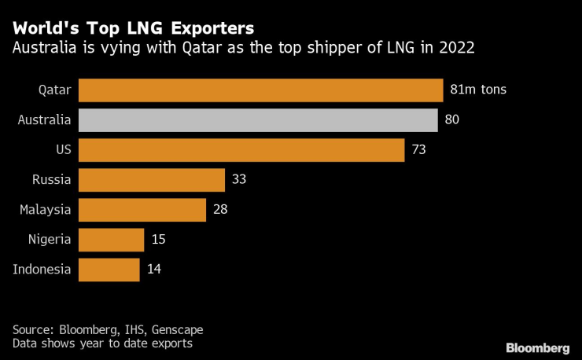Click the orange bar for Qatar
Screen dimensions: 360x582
[x=260, y=90]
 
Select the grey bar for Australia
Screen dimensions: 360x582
[x=258, y=120]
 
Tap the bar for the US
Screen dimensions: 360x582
[x=241, y=150]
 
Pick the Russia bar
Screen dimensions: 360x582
[x=152, y=180]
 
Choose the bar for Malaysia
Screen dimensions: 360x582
[x=142, y=210]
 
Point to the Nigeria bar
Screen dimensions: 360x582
[x=112, y=240]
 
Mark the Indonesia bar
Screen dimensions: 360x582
[x=109, y=270]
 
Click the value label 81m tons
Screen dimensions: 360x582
[x=477, y=90]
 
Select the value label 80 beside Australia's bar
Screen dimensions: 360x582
[x=451, y=120]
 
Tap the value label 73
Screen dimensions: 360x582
[x=418, y=150]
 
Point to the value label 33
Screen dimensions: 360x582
[x=239, y=180]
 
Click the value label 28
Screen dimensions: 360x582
[x=220, y=210]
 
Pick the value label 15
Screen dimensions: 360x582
[x=158, y=240]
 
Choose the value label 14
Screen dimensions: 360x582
[x=154, y=270]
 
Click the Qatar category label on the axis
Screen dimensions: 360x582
[x=55, y=90]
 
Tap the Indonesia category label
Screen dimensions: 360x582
[x=42, y=270]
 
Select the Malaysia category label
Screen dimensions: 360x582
[x=45, y=210]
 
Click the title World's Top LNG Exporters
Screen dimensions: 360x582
[x=133, y=28]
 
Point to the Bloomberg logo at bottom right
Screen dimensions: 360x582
[x=537, y=347]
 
